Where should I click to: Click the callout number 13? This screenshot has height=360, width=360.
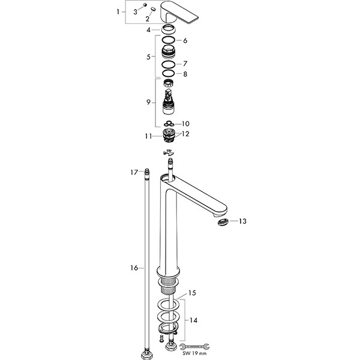click(242, 221)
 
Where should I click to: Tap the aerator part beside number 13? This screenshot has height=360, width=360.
click(223, 222)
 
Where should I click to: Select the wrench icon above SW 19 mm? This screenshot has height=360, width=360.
click(194, 346)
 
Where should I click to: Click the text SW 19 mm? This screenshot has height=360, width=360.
click(194, 353)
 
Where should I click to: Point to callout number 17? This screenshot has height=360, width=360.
click(134, 172)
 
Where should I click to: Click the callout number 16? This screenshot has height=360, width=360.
click(134, 268)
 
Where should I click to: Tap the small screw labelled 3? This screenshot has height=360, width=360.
click(145, 5)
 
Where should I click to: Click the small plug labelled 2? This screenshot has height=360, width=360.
click(153, 9)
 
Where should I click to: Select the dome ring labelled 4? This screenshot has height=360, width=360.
click(168, 29)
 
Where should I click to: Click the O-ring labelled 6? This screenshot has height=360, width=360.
click(168, 40)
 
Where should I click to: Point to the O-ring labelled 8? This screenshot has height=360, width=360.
click(169, 73)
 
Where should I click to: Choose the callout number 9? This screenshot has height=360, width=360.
click(149, 102)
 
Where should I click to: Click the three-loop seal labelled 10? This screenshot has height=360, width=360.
click(169, 124)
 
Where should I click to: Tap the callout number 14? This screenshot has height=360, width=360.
click(194, 320)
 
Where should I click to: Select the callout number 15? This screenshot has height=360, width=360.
click(192, 293)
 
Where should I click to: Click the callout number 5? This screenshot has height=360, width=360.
click(149, 57)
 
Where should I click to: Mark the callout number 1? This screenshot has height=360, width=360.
click(118, 12)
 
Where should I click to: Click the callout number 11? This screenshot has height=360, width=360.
click(148, 136)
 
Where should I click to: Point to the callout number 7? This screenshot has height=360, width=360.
click(185, 64)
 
